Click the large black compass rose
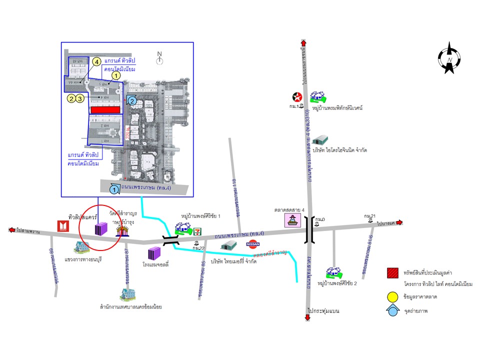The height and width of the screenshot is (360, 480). [x=449, y=58]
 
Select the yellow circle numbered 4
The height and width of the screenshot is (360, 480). [x=96, y=62]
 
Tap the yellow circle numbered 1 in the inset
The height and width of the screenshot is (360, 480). [x=116, y=75]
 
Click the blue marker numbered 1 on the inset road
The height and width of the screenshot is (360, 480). [x=114, y=189]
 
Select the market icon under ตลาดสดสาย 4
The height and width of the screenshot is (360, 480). [x=291, y=220]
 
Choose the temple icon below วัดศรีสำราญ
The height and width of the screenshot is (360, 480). [x=122, y=230]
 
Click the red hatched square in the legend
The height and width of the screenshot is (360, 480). [x=392, y=273]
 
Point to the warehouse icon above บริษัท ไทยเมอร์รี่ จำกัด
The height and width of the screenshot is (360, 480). [x=229, y=245]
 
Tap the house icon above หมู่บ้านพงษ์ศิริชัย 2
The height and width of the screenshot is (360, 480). [x=332, y=272]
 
